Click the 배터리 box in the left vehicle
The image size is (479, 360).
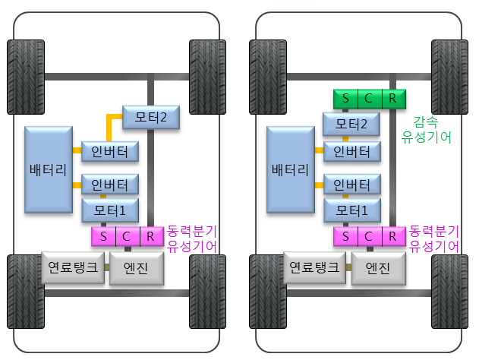coord(48,169)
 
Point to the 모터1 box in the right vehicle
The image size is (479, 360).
coord(351,209)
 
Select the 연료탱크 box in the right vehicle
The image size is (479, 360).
coord(314,268)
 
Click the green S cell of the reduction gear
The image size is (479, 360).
coord(346,99)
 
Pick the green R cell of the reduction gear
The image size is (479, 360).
coord(392,99)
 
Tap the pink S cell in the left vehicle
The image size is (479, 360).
coord(103,236)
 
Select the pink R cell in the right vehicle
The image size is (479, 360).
coord(392,236)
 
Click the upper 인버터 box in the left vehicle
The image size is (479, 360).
coord(109,151)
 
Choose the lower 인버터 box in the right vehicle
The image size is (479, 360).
coord(351,184)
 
